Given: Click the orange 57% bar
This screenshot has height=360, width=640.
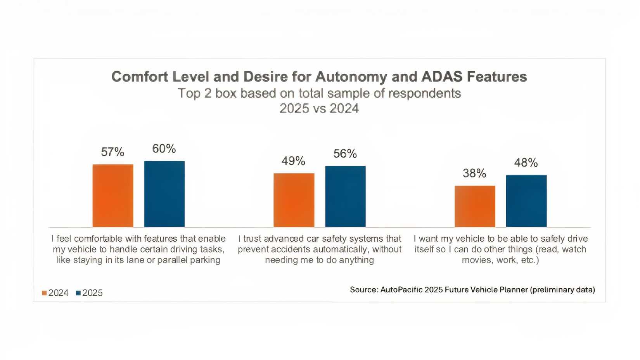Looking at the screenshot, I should click(113, 196).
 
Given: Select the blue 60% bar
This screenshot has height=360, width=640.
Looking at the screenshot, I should click(164, 194).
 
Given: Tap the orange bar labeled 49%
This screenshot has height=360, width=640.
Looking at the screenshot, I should click(294, 200).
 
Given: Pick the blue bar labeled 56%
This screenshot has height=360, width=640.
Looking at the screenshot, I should click(345, 197).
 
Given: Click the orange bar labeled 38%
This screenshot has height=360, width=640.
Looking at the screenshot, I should click(475, 206).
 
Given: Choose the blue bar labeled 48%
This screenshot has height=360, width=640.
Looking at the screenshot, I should click(526, 201).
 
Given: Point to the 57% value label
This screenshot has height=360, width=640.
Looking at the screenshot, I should click(112, 152).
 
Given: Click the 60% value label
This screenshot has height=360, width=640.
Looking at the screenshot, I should click(164, 149).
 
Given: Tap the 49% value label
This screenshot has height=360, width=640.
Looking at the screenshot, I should click(293, 161).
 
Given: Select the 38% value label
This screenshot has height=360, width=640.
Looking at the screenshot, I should click(474, 173).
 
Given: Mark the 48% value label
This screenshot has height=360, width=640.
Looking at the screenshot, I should click(526, 163).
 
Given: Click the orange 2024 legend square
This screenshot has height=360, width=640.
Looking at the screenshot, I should click(44, 293).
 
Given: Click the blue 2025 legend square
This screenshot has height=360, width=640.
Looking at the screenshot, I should click(78, 293).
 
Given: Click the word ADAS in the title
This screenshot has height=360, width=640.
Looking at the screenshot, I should click(442, 77).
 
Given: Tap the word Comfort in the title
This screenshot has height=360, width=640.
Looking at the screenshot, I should click(140, 77).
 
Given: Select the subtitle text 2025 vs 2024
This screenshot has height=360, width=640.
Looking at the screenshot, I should click(319, 109).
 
